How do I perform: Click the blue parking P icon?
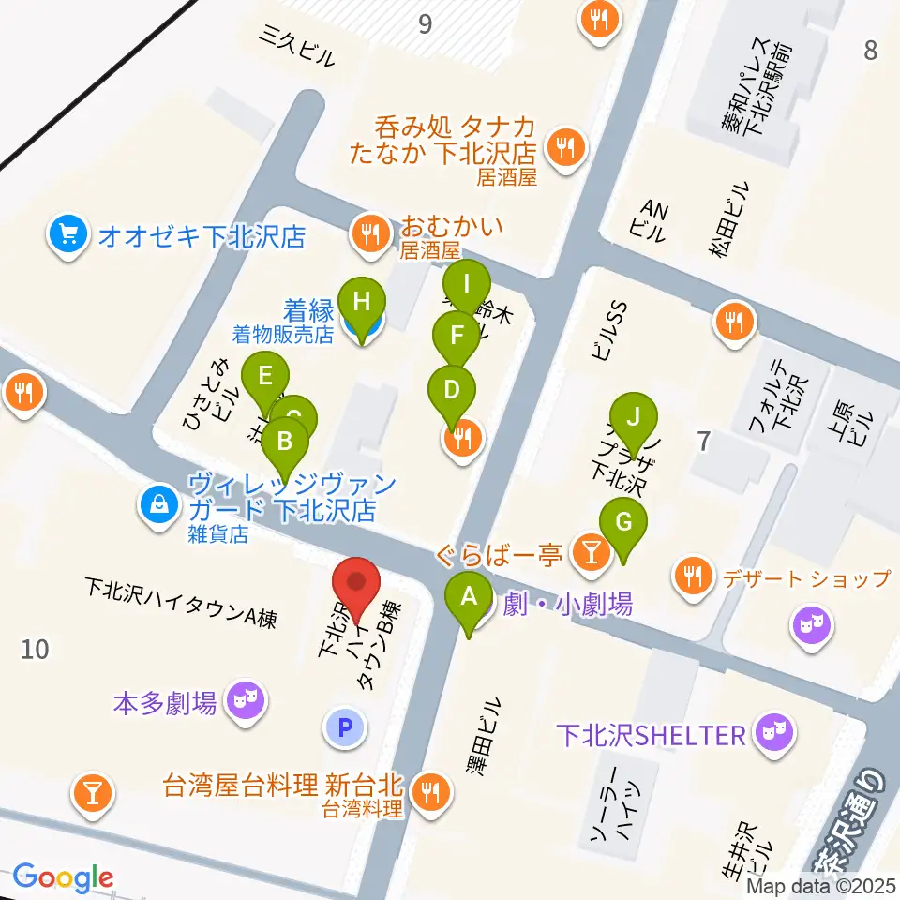coord(345,727)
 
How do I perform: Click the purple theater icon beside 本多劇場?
coord(247,700)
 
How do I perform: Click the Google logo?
coord(62,878)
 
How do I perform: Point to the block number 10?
coord(36,648)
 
